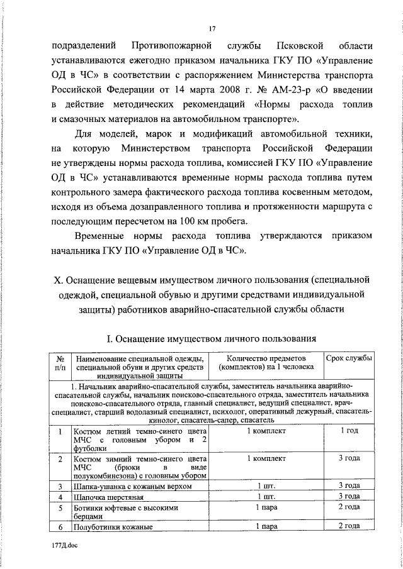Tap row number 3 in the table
coord(60,486)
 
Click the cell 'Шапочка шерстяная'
coord(106,497)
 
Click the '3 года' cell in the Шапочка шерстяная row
coord(348,497)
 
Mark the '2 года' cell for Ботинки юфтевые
coord(348,507)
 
